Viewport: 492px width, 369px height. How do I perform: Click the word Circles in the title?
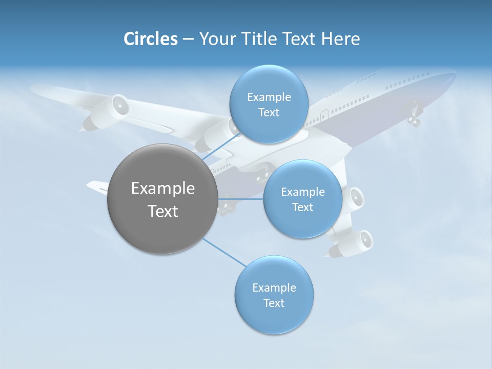[151, 39]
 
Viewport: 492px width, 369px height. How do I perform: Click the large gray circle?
[162, 199]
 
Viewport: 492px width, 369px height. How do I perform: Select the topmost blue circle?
[269, 104]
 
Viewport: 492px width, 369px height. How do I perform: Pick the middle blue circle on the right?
[302, 199]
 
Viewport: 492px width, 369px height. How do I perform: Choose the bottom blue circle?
[274, 295]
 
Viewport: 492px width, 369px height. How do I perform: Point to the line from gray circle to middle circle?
[240, 199]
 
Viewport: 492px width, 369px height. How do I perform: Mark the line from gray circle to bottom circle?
[224, 252]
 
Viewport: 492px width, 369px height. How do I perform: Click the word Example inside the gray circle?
[162, 188]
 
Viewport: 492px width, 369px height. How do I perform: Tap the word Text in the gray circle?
[162, 211]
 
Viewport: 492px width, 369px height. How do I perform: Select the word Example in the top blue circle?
[269, 97]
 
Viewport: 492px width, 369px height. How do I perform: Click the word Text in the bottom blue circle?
[274, 303]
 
